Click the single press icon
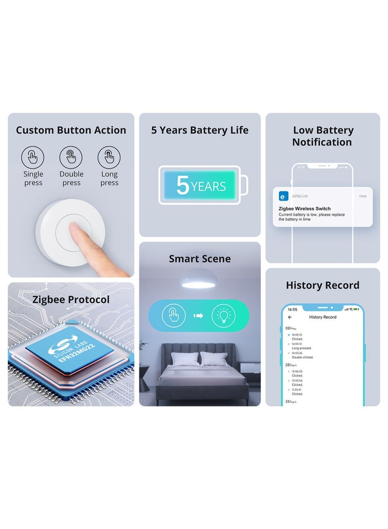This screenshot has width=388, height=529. [x=32, y=157]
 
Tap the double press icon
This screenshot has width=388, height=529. [x=71, y=157]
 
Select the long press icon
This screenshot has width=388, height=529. [x=109, y=157]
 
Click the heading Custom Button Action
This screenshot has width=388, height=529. [x=71, y=130]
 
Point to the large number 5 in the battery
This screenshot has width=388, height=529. [x=182, y=185]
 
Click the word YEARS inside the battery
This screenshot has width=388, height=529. [x=208, y=186]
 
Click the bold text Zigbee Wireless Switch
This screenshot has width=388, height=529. [x=305, y=209]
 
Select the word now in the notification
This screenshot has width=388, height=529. [x=363, y=196]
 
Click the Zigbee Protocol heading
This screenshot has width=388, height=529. [x=71, y=299]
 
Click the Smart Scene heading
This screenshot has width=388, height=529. [x=200, y=259]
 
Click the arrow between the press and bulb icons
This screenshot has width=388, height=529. [x=198, y=316]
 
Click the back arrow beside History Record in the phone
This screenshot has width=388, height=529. [x=290, y=317]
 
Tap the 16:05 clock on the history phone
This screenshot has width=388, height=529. [x=292, y=309]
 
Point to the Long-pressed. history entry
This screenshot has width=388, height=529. [x=302, y=348]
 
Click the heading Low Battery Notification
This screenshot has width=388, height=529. [x=323, y=136]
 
